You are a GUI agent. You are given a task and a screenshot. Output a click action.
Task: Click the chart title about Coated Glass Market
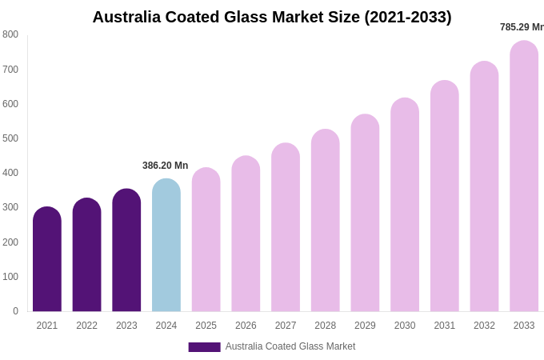pos(272,17)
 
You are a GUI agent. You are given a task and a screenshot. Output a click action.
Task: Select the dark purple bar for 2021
pos(47,260)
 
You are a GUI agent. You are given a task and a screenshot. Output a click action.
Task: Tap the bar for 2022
pos(86,256)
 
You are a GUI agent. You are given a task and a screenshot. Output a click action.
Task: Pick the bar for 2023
pos(126,251)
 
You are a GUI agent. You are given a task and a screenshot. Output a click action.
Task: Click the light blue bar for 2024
pos(166,246)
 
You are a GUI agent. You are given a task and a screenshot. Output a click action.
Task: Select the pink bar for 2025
pos(206,240)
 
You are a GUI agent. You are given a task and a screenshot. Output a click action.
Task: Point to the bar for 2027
pos(286,228)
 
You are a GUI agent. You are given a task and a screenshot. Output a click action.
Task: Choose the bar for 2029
pos(365,214)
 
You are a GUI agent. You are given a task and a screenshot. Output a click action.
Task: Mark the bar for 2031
pos(445,197)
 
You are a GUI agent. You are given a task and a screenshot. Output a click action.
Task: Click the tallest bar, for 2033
pos(524,177)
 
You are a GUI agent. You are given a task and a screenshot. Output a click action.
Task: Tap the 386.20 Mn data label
pos(166,166)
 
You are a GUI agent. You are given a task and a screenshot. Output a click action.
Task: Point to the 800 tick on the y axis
pos(10,34)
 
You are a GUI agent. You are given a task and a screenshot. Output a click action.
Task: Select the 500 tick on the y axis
pos(10,138)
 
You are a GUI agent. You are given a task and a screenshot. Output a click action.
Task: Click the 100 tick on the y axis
pos(10,277)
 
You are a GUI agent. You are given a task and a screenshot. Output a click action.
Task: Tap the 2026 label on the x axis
pos(246,326)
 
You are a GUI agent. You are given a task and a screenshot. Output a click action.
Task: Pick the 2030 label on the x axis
pos(405,326)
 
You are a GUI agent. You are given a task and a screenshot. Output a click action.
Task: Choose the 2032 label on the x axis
pos(484,326)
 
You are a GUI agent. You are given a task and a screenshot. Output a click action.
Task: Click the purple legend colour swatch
pos(204,347)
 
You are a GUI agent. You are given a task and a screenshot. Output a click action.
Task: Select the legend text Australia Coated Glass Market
pos(290,346)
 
